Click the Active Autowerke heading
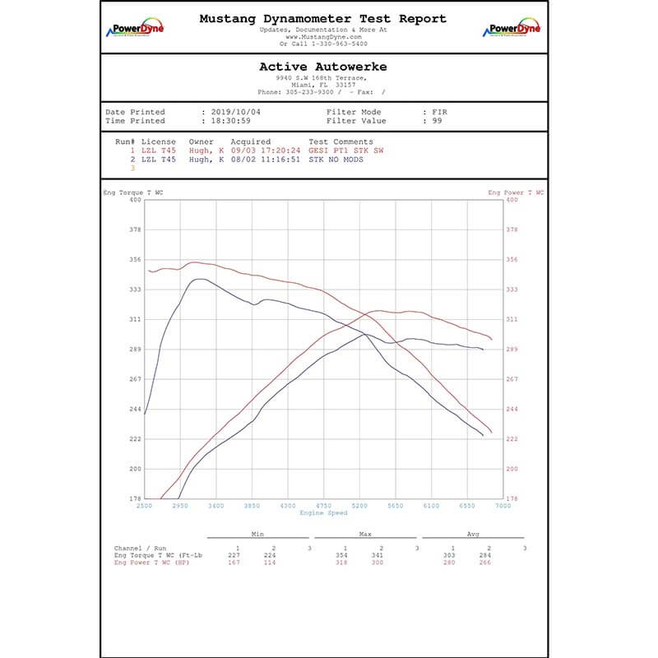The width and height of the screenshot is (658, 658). (x=322, y=67)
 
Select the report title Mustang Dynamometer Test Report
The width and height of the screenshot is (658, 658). (x=323, y=18)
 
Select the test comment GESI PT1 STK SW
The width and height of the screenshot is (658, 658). (x=345, y=151)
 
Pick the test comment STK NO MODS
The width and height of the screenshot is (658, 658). (x=336, y=160)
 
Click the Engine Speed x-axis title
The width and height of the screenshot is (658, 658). (x=322, y=512)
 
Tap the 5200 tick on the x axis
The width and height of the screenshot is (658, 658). (x=359, y=506)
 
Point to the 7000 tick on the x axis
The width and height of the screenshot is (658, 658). (x=502, y=506)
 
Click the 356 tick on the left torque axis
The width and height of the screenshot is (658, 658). (x=134, y=260)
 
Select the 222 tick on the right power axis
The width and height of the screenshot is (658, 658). (x=511, y=439)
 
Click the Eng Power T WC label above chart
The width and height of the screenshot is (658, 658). (x=516, y=192)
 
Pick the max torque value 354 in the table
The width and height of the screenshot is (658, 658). (x=345, y=555)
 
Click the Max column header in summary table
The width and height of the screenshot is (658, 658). (x=365, y=534)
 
